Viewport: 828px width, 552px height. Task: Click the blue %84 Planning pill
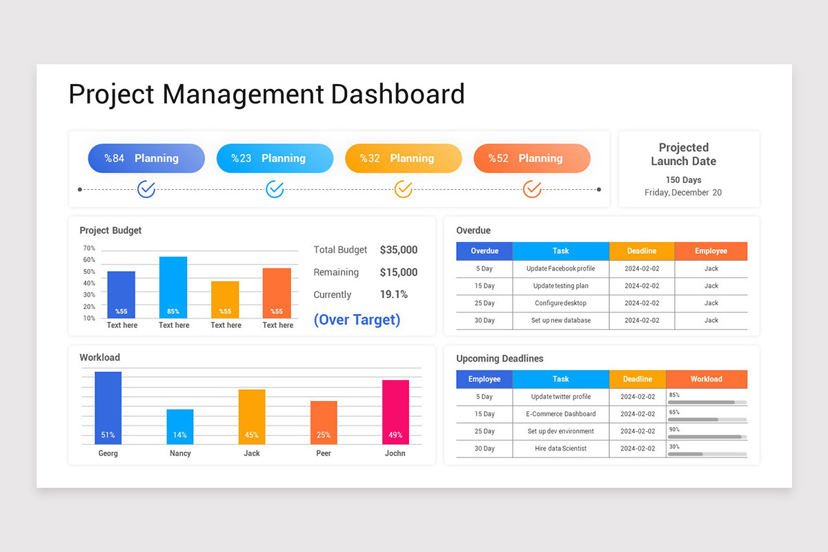146,158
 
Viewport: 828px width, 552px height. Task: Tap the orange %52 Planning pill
531,158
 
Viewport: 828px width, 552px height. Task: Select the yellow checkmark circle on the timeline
403,188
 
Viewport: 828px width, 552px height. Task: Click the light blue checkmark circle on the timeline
275,188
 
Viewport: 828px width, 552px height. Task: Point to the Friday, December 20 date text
683,193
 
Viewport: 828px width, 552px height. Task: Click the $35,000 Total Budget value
398,250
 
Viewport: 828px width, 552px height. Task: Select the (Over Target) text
357,319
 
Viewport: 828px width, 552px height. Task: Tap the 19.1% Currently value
393,295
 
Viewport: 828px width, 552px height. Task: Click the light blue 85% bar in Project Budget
173,286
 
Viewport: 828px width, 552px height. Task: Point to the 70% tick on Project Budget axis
89,248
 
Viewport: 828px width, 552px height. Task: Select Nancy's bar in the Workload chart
180,426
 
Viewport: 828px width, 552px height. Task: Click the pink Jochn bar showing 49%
395,411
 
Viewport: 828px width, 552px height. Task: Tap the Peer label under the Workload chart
324,453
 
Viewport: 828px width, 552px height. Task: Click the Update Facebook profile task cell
560,268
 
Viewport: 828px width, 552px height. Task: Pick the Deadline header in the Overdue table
642,251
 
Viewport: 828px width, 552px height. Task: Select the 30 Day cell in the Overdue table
484,320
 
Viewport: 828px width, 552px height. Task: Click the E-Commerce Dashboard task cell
560,414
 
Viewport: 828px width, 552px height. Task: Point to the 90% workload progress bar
707,436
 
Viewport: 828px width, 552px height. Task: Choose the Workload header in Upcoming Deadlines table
706,379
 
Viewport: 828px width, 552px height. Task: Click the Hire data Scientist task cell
560,448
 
